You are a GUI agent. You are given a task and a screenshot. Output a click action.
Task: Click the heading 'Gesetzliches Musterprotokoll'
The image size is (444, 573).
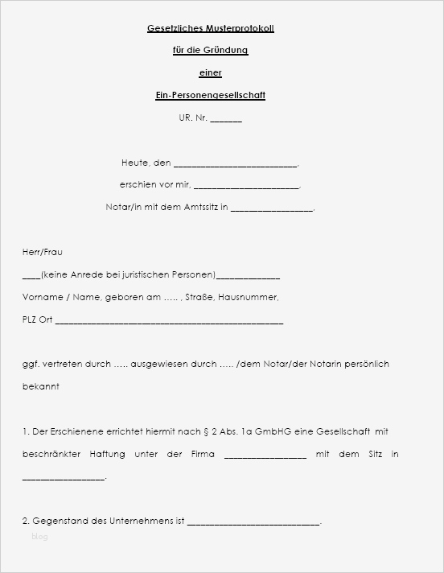pyautogui.click(x=211, y=28)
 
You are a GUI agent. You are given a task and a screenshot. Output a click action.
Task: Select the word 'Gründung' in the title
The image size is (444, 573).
pyautogui.click(x=228, y=51)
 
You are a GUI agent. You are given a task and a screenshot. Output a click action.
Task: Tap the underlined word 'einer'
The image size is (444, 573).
pyautogui.click(x=210, y=73)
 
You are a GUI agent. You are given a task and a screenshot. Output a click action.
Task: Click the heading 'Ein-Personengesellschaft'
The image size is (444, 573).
pyautogui.click(x=210, y=96)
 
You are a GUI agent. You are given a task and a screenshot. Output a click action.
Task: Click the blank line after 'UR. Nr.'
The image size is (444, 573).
pyautogui.click(x=226, y=120)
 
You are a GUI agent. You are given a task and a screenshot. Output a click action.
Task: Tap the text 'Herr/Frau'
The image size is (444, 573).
pyautogui.click(x=42, y=252)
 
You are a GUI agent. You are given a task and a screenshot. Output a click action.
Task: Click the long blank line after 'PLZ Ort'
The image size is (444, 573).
pyautogui.click(x=169, y=321)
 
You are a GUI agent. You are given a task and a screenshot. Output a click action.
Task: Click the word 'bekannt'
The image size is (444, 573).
pyautogui.click(x=40, y=386)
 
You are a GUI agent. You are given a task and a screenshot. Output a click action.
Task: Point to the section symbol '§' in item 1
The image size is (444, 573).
pyautogui.click(x=206, y=431)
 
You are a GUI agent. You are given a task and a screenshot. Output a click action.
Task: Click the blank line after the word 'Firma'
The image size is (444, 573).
pyautogui.click(x=265, y=456)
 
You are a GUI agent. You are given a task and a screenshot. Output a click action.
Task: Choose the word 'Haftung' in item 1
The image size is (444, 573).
pyautogui.click(x=108, y=454)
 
